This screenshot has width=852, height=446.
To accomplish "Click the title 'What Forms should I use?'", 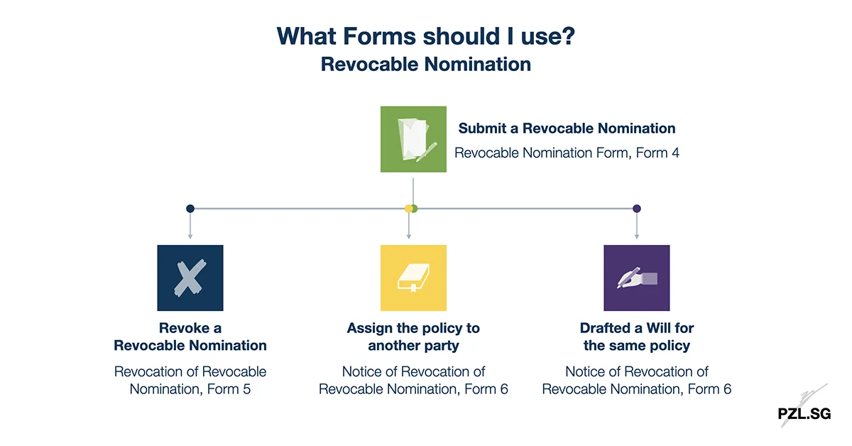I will pos(425,36).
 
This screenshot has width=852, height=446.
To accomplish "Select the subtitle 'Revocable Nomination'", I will pos(425,64).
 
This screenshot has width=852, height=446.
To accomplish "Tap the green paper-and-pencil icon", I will pos(413,139).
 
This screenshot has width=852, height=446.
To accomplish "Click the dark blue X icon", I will pos(190,278).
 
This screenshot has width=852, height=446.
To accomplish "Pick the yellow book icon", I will pos(413,278).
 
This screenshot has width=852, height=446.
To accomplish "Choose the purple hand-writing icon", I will pos(636,278).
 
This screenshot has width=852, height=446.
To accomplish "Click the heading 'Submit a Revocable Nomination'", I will pos(567,129).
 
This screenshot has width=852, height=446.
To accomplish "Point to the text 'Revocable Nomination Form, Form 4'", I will pos(567,153).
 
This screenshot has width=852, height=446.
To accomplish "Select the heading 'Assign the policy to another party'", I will pos(413,337).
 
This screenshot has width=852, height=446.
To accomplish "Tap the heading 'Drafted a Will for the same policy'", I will pos(636,337).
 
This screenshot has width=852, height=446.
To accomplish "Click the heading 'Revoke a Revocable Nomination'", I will pos(190,337).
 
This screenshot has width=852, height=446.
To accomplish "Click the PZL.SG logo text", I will pos(804,413).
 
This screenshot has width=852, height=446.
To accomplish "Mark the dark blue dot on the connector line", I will pos(190,209).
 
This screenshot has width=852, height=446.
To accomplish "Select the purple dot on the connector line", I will pos(637,209).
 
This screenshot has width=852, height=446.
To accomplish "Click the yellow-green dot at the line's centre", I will pos(411,209).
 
